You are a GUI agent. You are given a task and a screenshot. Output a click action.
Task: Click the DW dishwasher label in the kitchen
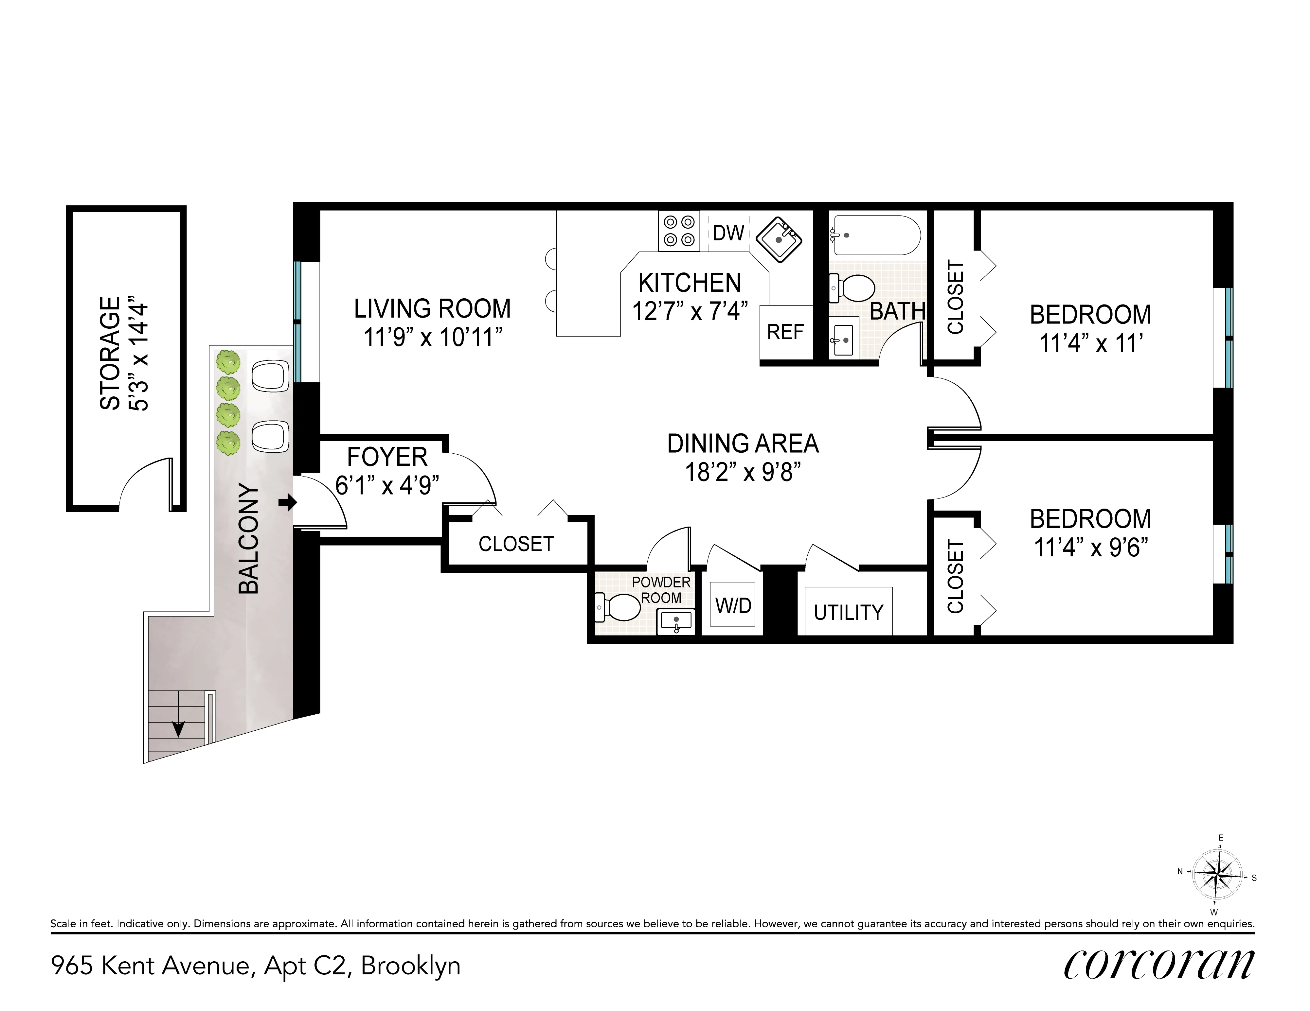pyautogui.click(x=728, y=233)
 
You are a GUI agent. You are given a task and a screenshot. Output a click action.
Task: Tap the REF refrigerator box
pyautogui.click(x=785, y=332)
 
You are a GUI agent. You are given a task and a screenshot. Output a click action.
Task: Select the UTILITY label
pyautogui.click(x=848, y=612)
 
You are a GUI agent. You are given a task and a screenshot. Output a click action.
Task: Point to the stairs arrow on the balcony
pyautogui.click(x=178, y=729)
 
